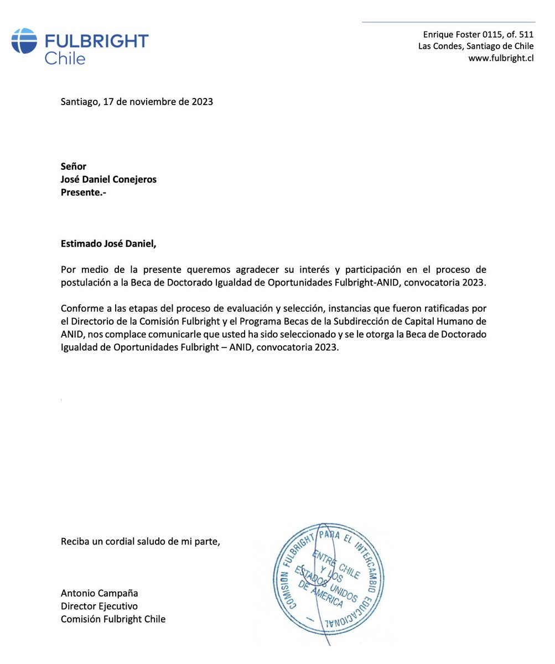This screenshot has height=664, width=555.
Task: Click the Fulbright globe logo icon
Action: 24,41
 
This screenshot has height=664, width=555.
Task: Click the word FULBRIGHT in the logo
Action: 96,41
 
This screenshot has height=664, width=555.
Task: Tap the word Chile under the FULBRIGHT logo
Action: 65,58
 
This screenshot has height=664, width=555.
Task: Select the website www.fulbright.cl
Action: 501,58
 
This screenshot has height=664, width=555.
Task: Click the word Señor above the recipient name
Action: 74,167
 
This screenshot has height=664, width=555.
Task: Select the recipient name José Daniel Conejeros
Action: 108,180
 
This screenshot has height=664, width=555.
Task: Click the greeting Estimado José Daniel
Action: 105,243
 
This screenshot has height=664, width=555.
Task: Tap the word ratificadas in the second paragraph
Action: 448,308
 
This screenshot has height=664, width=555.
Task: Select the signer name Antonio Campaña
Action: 99,593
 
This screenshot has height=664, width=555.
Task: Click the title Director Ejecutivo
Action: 99,606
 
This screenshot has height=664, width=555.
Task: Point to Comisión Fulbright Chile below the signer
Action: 113,619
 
